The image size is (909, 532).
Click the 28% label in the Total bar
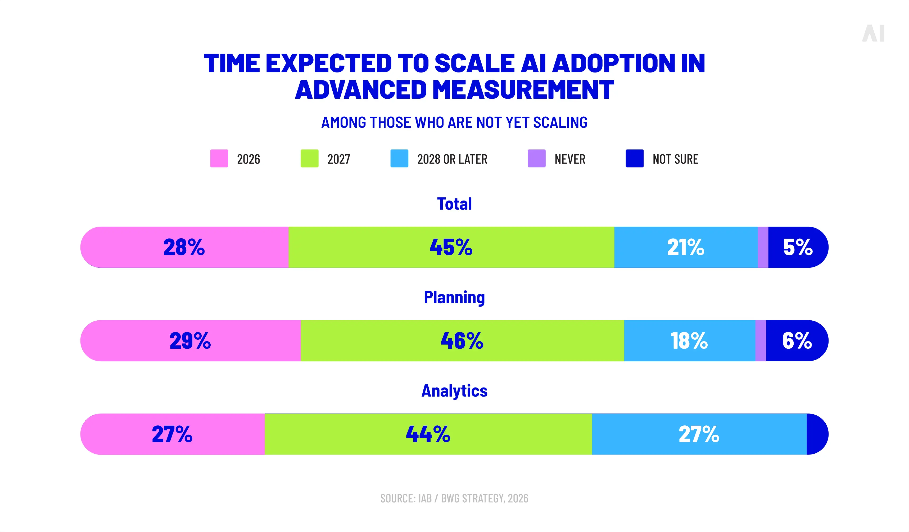[184, 247]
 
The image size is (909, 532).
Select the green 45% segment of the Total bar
[451, 247]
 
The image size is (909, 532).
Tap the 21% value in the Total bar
[685, 247]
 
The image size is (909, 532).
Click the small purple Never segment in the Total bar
[763, 247]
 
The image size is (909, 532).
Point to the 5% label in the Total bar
[798, 247]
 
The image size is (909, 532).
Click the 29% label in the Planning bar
[190, 341]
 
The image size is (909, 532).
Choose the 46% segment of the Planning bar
[462, 341]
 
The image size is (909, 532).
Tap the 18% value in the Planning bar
[689, 341]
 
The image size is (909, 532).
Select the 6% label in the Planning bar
[797, 341]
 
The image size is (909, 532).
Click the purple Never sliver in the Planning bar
[761, 341]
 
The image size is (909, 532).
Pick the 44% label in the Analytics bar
[428, 434]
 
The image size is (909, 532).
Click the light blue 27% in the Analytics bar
[699, 434]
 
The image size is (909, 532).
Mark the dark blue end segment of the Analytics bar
[816, 434]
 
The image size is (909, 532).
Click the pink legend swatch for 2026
[219, 158]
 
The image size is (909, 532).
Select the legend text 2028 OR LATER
[452, 159]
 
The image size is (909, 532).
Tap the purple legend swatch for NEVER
[536, 158]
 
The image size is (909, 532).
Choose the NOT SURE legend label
[675, 159]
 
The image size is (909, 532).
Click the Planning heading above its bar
[454, 298]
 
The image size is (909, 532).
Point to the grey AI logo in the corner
[873, 34]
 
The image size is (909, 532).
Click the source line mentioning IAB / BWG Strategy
[454, 498]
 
